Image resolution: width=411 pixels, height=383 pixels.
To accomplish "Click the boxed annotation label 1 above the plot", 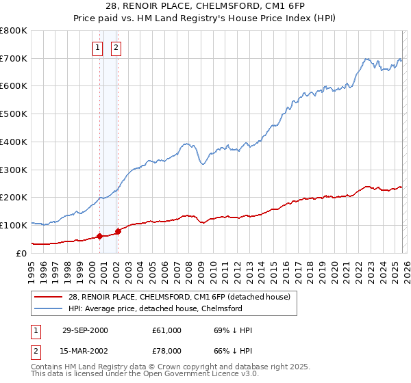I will pos(97,47).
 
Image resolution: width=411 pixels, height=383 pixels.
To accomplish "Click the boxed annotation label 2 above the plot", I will pos(116,47).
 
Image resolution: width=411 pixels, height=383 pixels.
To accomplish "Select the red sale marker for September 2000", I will pos(100,236).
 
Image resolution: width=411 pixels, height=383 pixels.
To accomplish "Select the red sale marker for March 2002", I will pos(118,231).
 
